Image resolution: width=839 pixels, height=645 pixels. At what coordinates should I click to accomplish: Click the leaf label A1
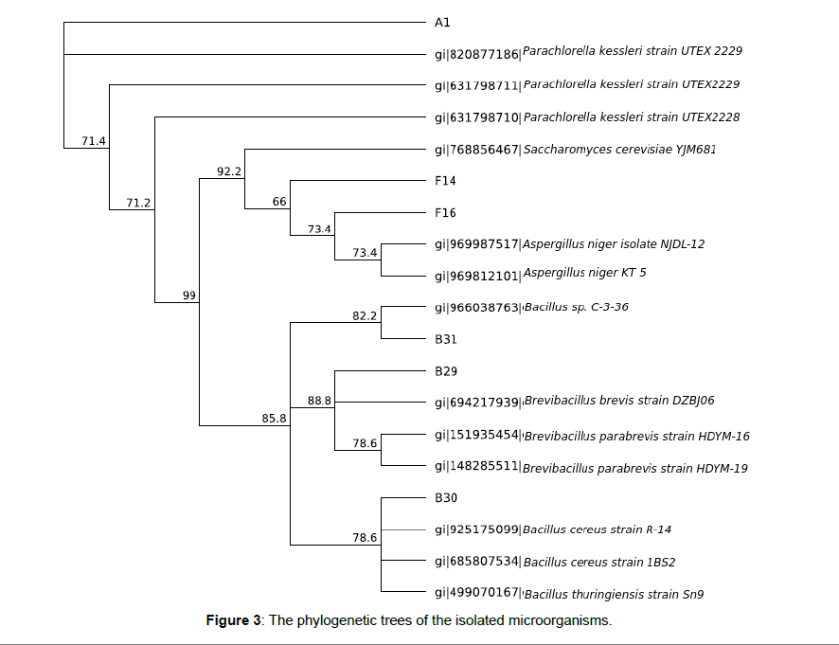click(442, 23)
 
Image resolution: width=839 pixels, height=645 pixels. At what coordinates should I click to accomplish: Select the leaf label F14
click(445, 181)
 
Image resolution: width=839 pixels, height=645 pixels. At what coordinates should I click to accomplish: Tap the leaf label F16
click(445, 213)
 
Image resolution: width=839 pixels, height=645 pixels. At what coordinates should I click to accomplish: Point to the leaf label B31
click(446, 339)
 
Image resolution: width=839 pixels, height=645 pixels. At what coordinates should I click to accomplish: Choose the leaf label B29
click(446, 371)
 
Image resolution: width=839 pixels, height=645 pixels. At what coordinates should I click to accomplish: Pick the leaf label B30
click(446, 498)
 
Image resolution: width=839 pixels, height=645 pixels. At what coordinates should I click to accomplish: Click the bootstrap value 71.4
click(94, 141)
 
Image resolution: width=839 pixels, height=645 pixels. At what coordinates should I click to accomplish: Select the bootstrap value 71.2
click(138, 203)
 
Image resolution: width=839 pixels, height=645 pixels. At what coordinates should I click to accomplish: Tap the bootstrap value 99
click(189, 296)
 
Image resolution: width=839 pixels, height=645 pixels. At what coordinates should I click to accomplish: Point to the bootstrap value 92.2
click(229, 171)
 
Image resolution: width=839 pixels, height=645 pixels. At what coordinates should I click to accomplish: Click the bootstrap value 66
click(279, 202)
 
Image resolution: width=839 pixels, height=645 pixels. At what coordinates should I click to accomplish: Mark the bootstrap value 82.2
click(365, 315)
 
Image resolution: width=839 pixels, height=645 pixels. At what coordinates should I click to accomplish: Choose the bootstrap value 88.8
click(319, 401)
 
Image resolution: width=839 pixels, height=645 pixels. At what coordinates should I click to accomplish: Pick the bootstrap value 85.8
click(274, 418)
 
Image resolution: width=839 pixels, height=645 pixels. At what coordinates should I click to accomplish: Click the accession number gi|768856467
click(477, 150)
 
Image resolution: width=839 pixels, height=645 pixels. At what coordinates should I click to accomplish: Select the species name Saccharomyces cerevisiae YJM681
click(619, 150)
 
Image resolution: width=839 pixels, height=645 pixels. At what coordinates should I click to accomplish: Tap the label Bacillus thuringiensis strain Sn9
click(614, 594)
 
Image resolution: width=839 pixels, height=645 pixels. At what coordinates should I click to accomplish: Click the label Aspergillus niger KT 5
click(585, 273)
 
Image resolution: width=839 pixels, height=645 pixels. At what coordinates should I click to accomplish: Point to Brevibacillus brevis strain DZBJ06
click(619, 401)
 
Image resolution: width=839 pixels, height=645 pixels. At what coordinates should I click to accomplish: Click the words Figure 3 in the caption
click(233, 620)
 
